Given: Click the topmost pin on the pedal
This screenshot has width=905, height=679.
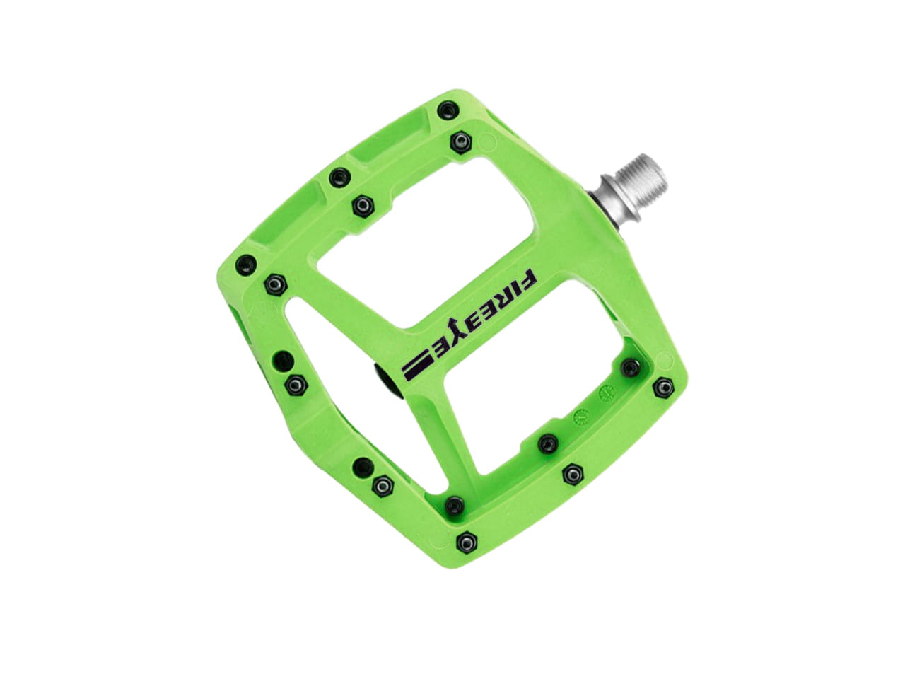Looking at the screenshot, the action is pyautogui.click(x=448, y=110).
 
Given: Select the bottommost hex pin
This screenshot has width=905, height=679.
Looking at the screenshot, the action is pyautogui.click(x=467, y=541).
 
